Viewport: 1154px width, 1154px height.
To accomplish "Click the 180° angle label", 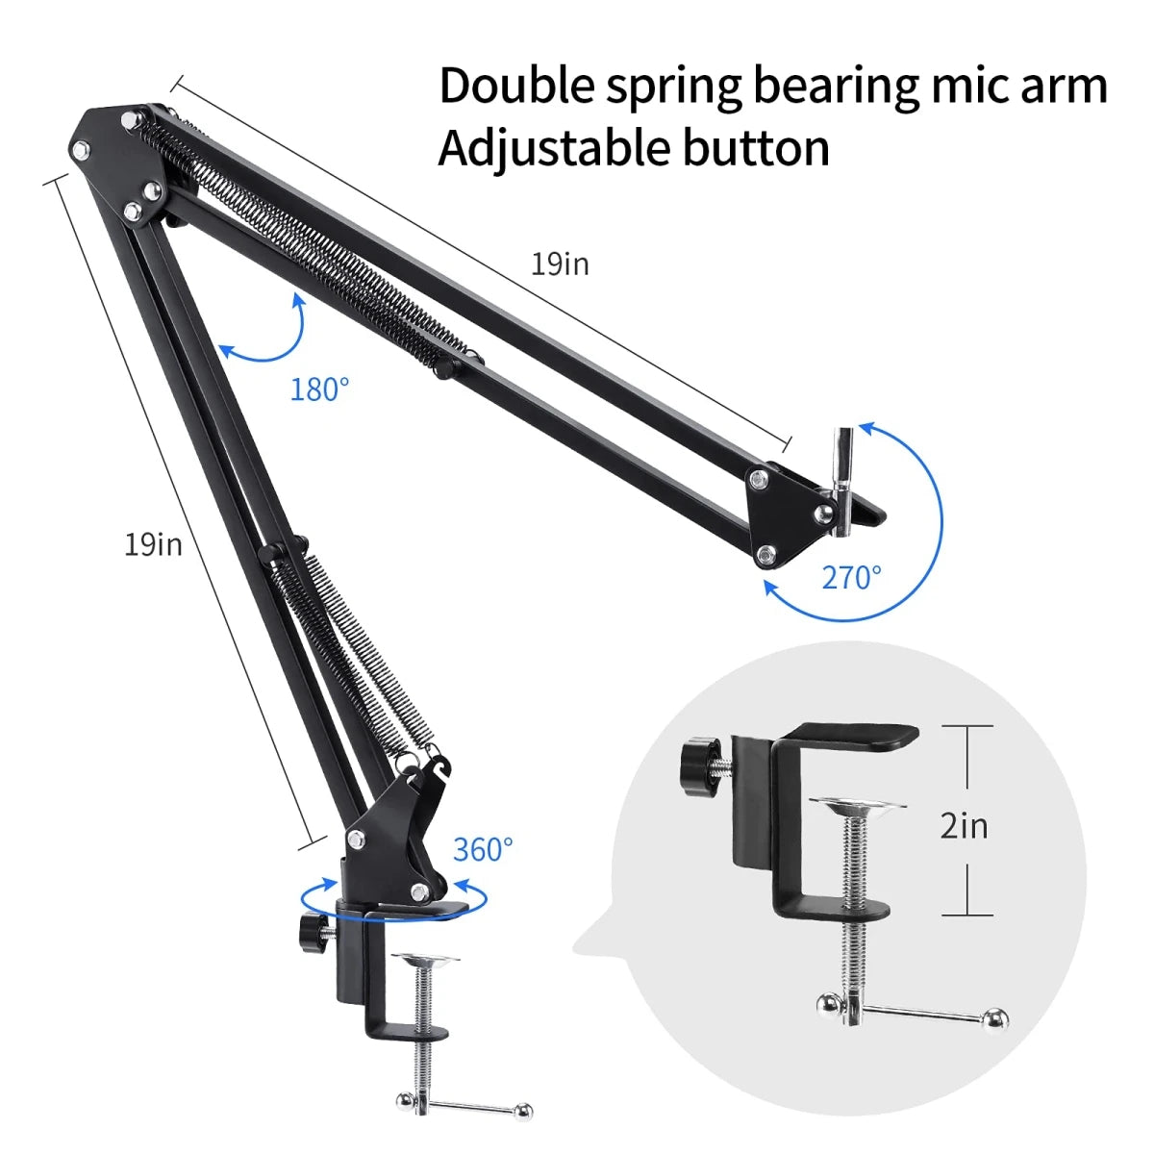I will coord(319,389).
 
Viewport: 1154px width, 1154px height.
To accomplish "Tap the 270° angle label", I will coord(851,577).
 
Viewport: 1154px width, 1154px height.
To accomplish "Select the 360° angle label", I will coord(483,849).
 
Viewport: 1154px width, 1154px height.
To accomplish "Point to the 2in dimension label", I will coord(964,825).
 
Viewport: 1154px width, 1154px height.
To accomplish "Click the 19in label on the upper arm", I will coord(560,263).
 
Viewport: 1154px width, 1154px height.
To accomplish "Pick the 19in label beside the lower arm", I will coord(153,544).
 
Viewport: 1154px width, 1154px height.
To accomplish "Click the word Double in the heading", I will coord(517,86).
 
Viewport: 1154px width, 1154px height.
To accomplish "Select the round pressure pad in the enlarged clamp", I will coord(857,804).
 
